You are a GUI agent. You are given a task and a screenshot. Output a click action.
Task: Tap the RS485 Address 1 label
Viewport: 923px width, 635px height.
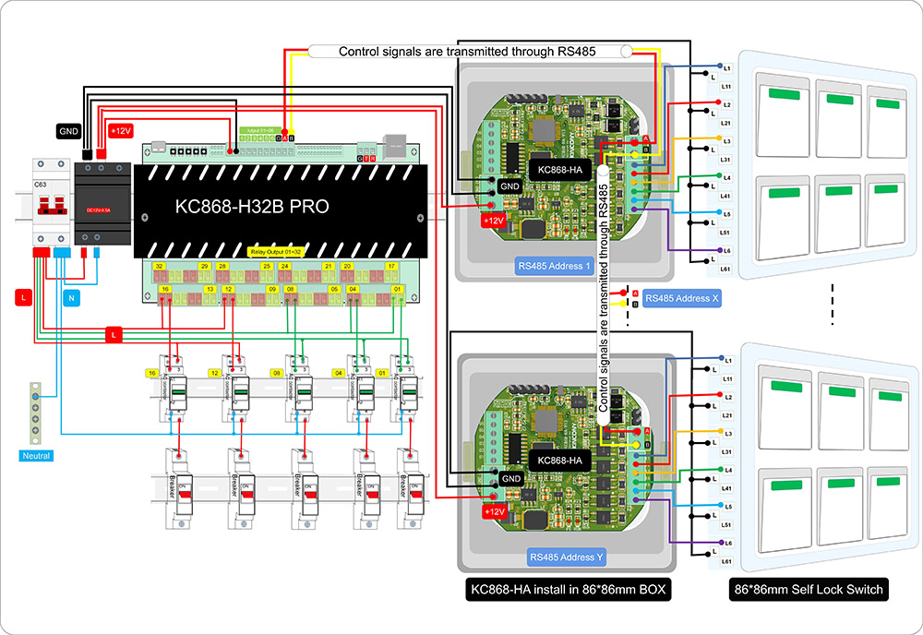point(554,268)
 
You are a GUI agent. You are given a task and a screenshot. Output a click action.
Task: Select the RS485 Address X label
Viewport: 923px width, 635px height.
point(682,298)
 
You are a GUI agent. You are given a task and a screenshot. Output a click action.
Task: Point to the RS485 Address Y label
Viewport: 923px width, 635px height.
point(567,557)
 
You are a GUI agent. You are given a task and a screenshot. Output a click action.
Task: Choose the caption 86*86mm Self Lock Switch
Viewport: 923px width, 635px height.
point(809,590)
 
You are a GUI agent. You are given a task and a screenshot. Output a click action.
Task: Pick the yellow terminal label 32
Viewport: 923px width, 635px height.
point(160,266)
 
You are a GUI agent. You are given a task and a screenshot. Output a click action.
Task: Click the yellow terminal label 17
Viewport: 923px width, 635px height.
point(392,266)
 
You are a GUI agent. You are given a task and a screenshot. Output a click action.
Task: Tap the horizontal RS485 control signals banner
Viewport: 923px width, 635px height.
point(469,52)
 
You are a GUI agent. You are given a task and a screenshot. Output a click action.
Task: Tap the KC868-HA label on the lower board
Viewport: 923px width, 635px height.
point(559,460)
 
